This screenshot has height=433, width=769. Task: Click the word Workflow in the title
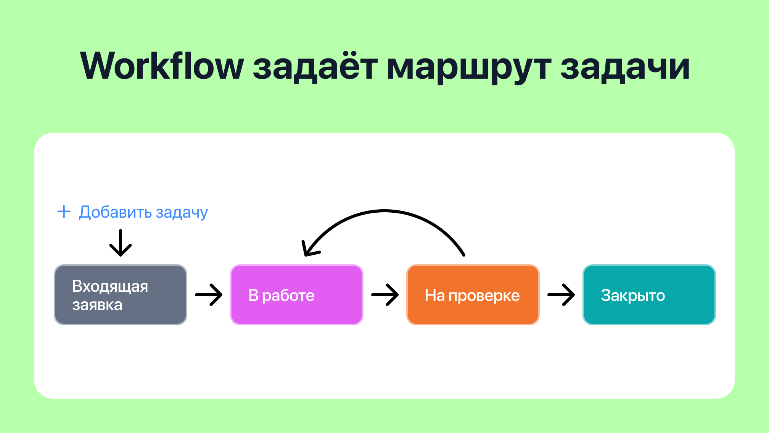coord(162,66)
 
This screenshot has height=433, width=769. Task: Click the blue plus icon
coord(64,212)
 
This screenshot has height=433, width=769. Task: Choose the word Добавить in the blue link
coord(115,212)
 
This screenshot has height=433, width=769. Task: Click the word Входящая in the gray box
coord(110,286)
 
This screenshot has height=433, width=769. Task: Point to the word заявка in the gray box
coord(97,305)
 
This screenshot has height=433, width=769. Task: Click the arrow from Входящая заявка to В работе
coord(209,295)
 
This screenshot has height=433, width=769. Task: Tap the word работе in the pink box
coord(288,296)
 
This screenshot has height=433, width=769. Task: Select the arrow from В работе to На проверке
coord(385,295)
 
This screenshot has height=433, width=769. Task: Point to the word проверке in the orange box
coord(484,296)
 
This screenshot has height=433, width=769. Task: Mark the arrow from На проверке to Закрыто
coord(561,295)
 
